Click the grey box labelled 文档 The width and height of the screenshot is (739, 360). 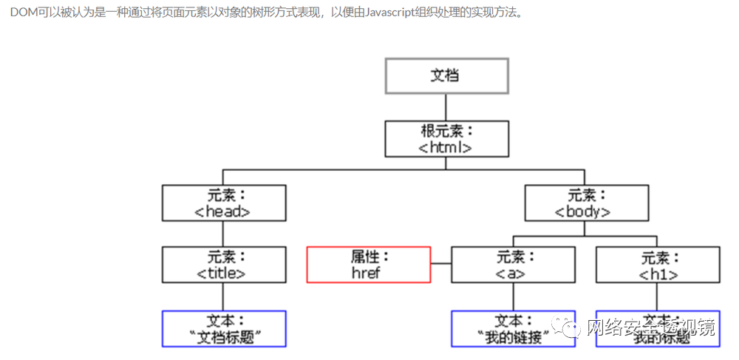[447, 75]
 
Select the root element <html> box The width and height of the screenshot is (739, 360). [447, 139]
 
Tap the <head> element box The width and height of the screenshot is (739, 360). [224, 203]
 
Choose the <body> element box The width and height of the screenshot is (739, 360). [586, 203]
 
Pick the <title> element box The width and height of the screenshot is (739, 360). [224, 265]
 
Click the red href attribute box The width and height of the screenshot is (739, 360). [368, 265]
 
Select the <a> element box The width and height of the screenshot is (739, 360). [513, 265]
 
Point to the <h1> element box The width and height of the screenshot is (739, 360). [657, 265]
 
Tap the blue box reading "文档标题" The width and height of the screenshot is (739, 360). [224, 329]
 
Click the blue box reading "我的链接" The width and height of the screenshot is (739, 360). [513, 329]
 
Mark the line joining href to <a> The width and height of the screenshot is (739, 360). [440, 264]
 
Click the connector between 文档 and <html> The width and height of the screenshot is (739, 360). [446, 107]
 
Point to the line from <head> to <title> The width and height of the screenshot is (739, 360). [224, 234]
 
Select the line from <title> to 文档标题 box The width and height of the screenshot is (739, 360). [224, 296]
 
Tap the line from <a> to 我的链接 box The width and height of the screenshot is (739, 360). [513, 296]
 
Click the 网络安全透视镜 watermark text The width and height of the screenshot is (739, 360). [650, 328]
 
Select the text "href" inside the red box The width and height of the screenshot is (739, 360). [368, 272]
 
